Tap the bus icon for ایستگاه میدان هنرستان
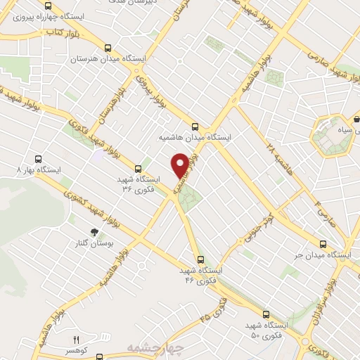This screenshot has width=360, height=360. click(x=107, y=48)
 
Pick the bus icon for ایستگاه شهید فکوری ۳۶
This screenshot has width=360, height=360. click(x=138, y=169)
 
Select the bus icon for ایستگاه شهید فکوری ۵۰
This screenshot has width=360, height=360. click(x=265, y=314)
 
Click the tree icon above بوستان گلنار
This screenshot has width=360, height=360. click(x=94, y=233)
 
